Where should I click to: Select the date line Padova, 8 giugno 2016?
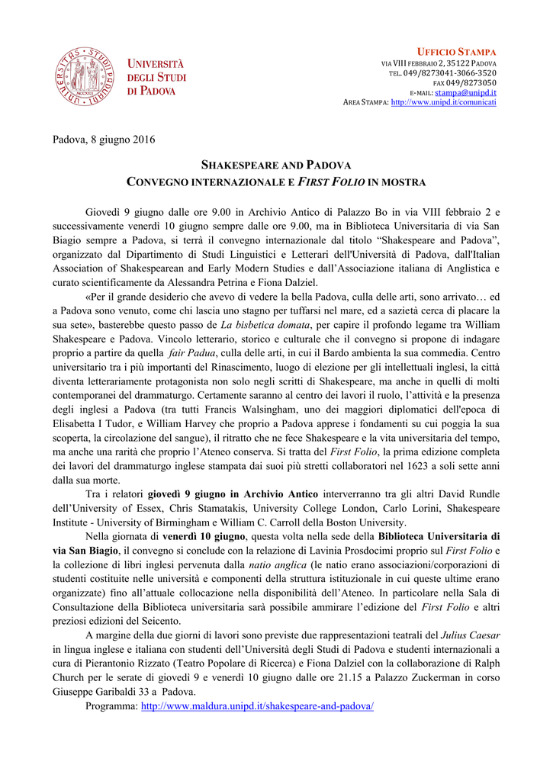(104, 139)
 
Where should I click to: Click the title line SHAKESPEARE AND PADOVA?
(275, 165)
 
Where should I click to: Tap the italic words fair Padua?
(194, 354)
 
